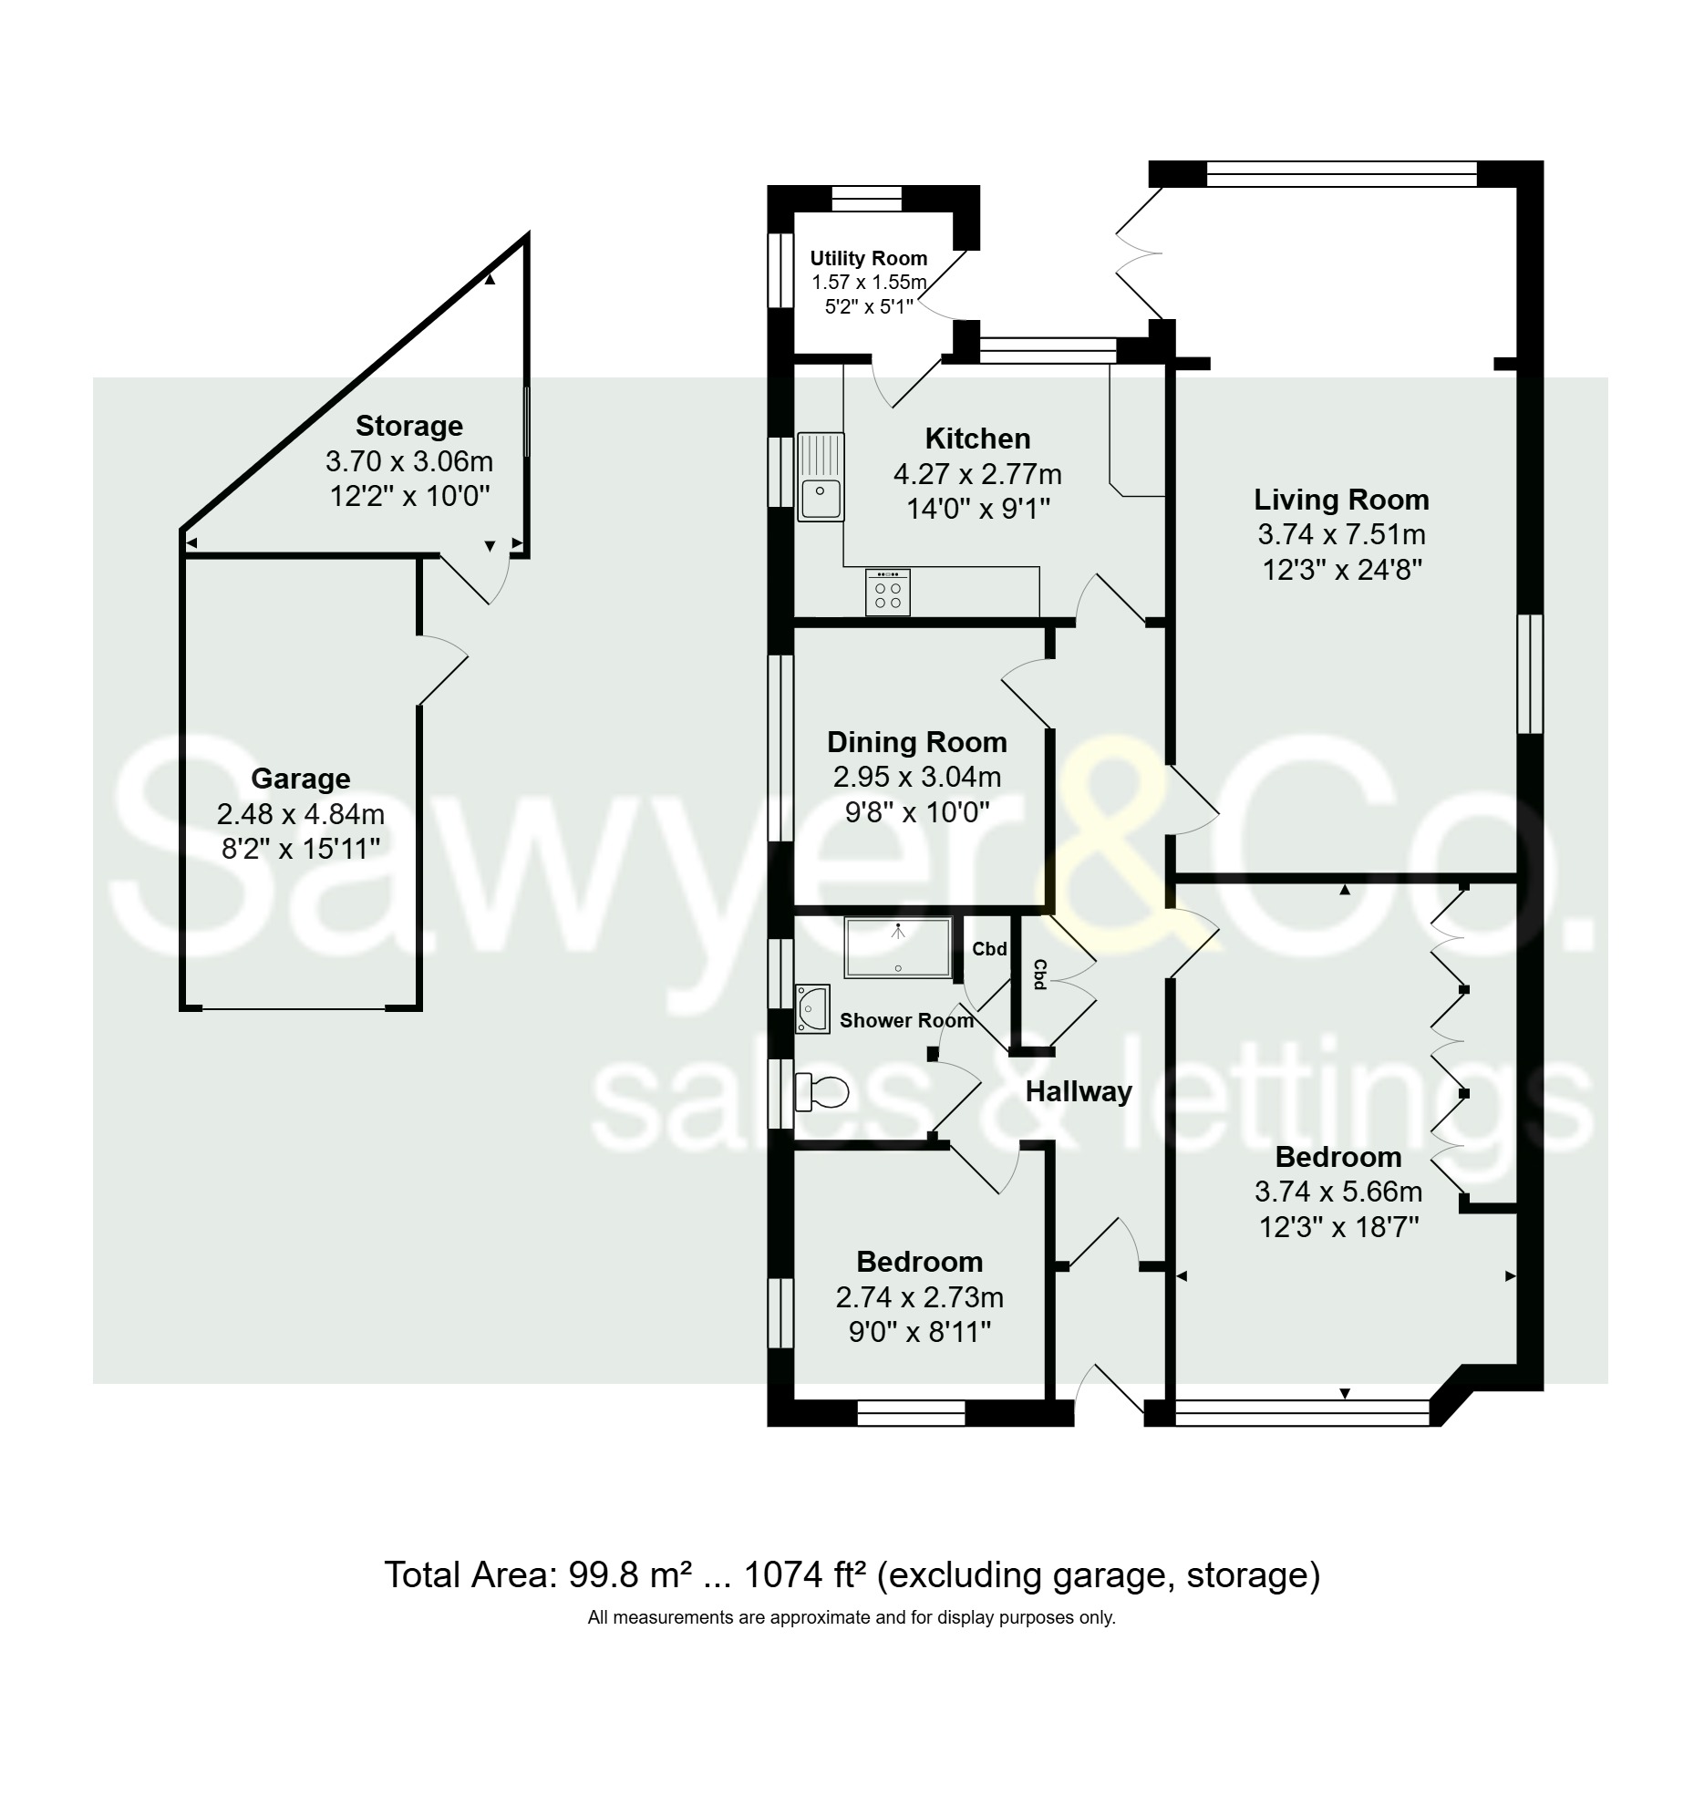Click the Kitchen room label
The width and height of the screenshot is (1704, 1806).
(977, 439)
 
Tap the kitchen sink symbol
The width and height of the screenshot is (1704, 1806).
(821, 476)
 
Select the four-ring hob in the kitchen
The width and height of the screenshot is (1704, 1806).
(887, 593)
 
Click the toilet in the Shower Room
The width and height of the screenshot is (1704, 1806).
(821, 1091)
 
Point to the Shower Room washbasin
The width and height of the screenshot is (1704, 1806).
(811, 1008)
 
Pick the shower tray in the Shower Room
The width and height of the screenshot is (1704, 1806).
(898, 948)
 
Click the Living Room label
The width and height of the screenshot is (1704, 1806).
(1341, 500)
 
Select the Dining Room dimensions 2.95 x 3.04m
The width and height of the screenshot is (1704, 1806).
(917, 778)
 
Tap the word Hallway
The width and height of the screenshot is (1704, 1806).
(1079, 1091)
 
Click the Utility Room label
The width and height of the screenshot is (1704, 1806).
(869, 259)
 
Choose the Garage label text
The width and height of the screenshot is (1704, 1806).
(301, 779)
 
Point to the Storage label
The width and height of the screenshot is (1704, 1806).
(409, 426)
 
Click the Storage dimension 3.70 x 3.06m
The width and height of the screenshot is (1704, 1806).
(409, 461)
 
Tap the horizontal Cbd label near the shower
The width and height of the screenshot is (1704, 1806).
(989, 949)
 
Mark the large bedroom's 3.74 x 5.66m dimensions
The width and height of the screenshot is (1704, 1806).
(1338, 1192)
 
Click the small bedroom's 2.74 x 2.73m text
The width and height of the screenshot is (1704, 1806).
(920, 1297)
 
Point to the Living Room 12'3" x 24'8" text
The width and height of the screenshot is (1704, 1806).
(1342, 570)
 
